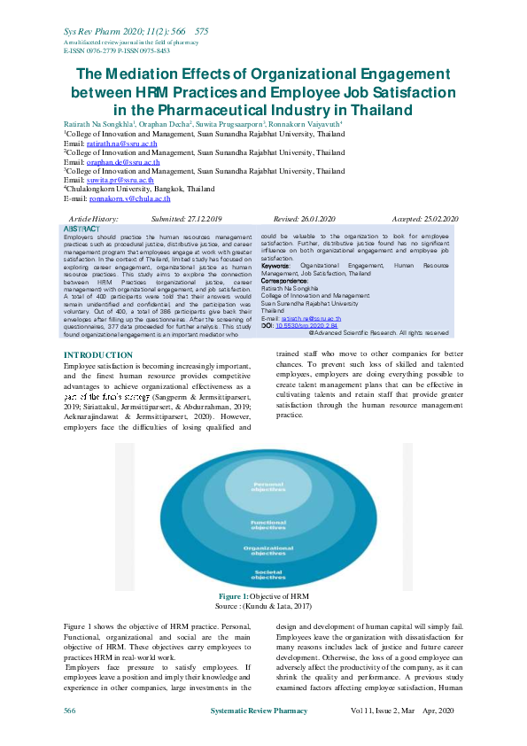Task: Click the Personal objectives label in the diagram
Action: pos(267,486)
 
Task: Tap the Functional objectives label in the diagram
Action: pos(267,525)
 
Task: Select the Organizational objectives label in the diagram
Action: pos(267,550)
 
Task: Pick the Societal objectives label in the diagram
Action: pos(267,576)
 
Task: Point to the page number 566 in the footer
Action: pos(69,711)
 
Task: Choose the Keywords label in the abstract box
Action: pos(275,265)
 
